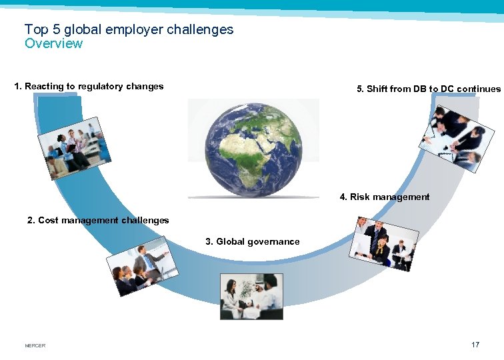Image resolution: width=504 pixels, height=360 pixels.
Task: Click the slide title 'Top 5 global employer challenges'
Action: pos(129,29)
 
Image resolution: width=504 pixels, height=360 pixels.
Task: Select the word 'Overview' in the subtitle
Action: pos(53,44)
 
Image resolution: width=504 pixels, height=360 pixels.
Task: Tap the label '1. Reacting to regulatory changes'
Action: pos(89,86)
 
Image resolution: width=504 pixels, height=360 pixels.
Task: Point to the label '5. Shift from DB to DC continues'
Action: pos(429,89)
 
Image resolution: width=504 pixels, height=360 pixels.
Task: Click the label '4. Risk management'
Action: pos(384,197)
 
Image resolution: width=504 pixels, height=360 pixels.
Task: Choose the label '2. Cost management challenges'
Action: pos(98,220)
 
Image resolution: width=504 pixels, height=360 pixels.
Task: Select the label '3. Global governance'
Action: pos(253,241)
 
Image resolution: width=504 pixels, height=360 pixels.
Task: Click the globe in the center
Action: pos(253,147)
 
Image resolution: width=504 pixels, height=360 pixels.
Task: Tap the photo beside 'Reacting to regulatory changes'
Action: pos(74,149)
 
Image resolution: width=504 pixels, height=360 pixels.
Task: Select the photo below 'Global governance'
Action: pos(251,296)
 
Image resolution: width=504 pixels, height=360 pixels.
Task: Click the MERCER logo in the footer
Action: pos(35,345)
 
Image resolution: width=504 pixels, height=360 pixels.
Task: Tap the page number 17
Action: pos(475,345)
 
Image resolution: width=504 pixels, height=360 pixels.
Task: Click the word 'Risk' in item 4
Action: pos(360,197)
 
